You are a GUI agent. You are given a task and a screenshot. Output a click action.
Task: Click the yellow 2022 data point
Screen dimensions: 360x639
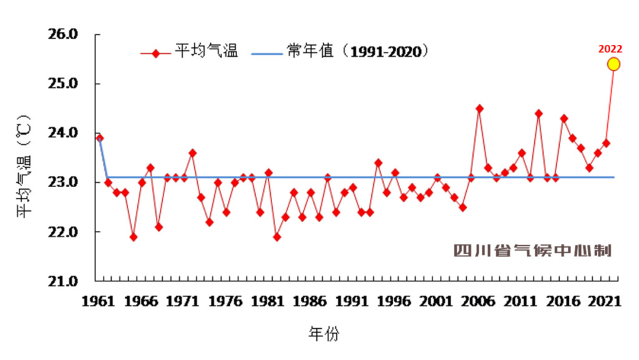(613, 64)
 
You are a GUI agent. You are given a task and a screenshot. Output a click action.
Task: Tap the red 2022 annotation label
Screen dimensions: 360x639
(610, 49)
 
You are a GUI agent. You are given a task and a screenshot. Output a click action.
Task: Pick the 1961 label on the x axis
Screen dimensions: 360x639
(99, 301)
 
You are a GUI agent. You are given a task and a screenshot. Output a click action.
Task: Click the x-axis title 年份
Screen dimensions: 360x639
(324, 334)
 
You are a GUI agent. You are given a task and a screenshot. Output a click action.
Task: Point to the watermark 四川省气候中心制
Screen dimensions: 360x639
(532, 251)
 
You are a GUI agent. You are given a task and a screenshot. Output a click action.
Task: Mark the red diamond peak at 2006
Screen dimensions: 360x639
(479, 109)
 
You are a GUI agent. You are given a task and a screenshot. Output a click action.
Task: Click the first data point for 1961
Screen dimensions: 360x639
(99, 138)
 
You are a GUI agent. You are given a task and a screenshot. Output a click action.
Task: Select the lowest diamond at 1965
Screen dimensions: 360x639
(134, 237)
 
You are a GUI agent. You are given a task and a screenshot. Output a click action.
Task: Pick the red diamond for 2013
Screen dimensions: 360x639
(539, 114)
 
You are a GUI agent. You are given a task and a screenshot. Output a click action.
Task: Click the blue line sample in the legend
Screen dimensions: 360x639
(267, 53)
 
